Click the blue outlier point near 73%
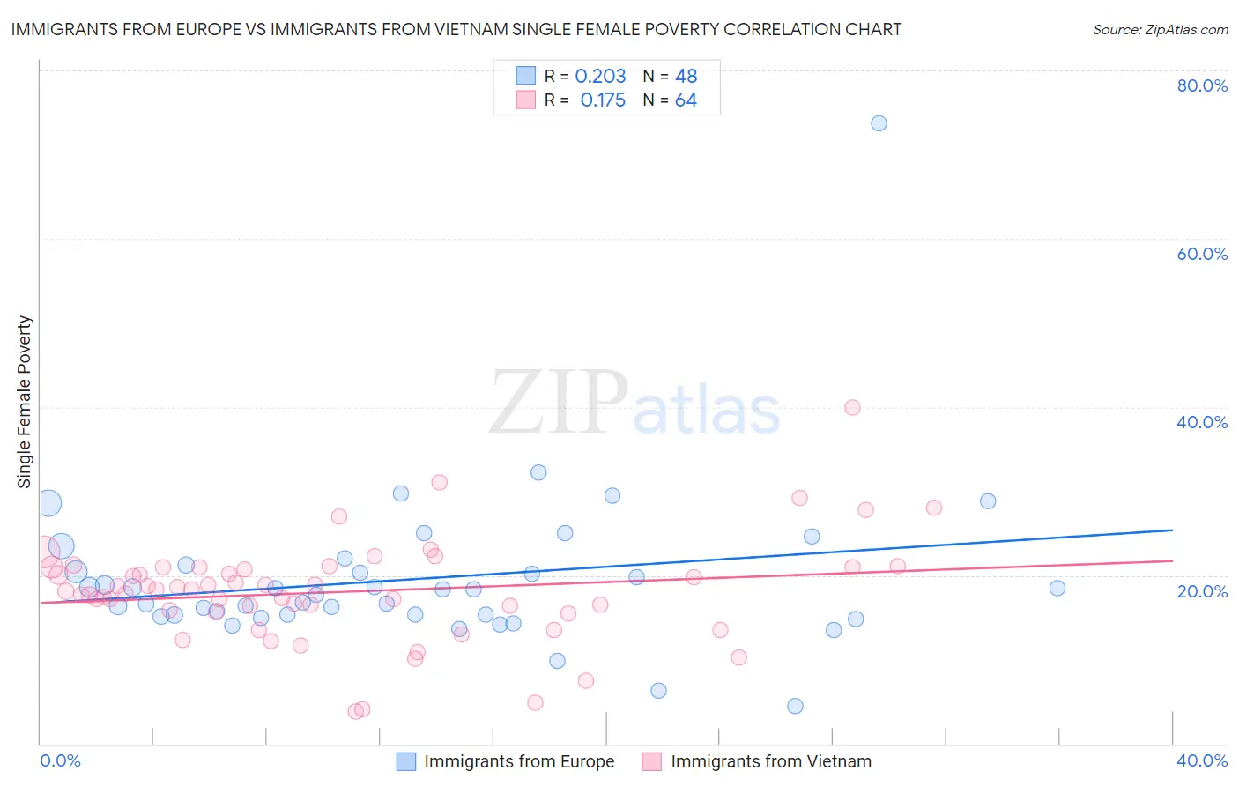(879, 123)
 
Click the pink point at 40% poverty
(852, 407)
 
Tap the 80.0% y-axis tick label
(1202, 85)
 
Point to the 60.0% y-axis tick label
(1202, 254)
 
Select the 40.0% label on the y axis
(1202, 422)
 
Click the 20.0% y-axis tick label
(1202, 591)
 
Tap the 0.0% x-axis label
(61, 760)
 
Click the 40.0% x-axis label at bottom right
(1202, 760)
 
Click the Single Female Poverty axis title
(25, 402)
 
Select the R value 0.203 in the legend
(600, 77)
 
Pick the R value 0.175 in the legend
(603, 100)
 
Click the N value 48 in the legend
(686, 77)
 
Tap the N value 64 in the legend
(686, 100)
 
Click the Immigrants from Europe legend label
(519, 761)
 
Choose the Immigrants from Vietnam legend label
(771, 761)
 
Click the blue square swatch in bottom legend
(405, 761)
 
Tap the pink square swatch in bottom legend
(652, 761)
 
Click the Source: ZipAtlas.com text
(1160, 30)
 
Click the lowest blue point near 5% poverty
(795, 706)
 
